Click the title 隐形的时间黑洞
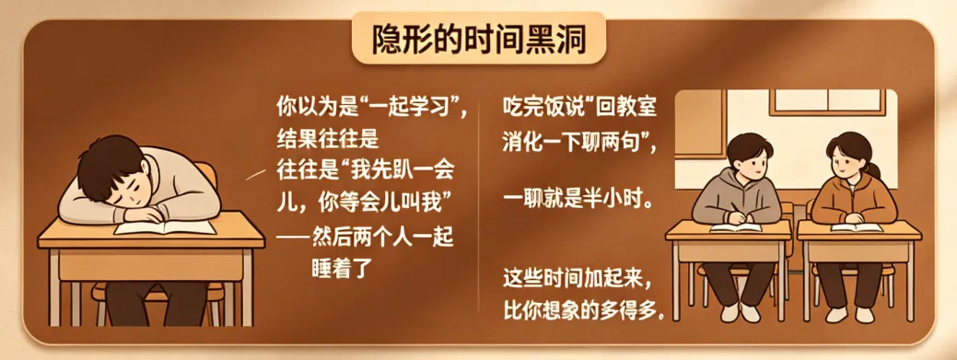(x=479, y=41)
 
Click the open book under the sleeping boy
(x=166, y=227)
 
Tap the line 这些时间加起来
(x=579, y=282)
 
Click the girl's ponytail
(x=874, y=168)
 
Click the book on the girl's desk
(x=857, y=227)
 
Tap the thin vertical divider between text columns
(x=479, y=207)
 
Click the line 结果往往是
(x=327, y=140)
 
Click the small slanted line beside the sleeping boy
(x=255, y=176)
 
